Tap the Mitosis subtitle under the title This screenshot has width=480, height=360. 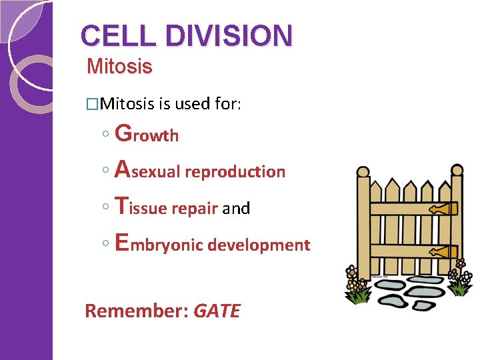coord(119,67)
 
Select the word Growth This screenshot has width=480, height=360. coord(147,135)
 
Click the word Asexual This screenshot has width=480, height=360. coord(148,171)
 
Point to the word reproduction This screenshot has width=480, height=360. coord(235,172)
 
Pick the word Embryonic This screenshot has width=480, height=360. coord(159,244)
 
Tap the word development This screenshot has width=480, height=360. coord(259,245)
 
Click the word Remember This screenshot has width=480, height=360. coord(135,311)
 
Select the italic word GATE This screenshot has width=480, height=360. coord(216,311)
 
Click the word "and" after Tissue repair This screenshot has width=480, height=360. coord(236,209)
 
